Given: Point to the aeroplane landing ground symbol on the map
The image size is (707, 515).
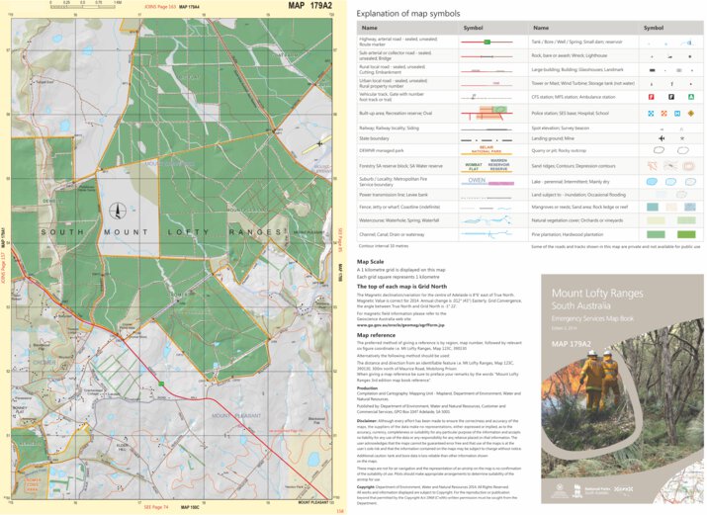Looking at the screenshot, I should point(318,144).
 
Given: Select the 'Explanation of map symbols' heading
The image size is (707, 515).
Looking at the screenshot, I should point(407,14).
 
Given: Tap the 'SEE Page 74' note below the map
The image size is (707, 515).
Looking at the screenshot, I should point(156,506).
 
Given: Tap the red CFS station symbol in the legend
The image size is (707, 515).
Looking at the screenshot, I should point(651,97).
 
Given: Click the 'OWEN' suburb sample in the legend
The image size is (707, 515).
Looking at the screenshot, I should point(477,181).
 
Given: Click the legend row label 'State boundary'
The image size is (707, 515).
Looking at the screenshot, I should point(381,139).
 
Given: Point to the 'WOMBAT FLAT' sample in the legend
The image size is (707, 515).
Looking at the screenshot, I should point(474,167).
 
